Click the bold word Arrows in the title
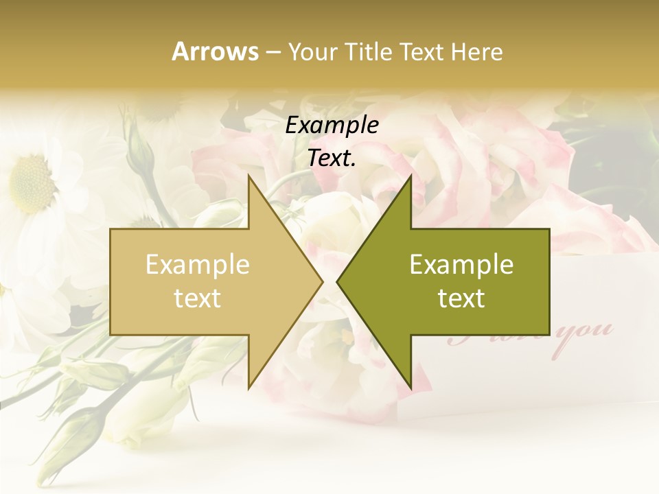[216, 51]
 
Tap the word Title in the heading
[371, 51]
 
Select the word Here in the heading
[476, 51]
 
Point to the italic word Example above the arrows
[332, 126]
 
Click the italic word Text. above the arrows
[332, 158]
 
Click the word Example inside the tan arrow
[198, 264]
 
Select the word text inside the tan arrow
[198, 298]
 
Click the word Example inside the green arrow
[461, 264]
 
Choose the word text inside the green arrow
[461, 298]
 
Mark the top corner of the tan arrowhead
[248, 175]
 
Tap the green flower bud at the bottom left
[76, 425]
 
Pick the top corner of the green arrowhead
[411, 175]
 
